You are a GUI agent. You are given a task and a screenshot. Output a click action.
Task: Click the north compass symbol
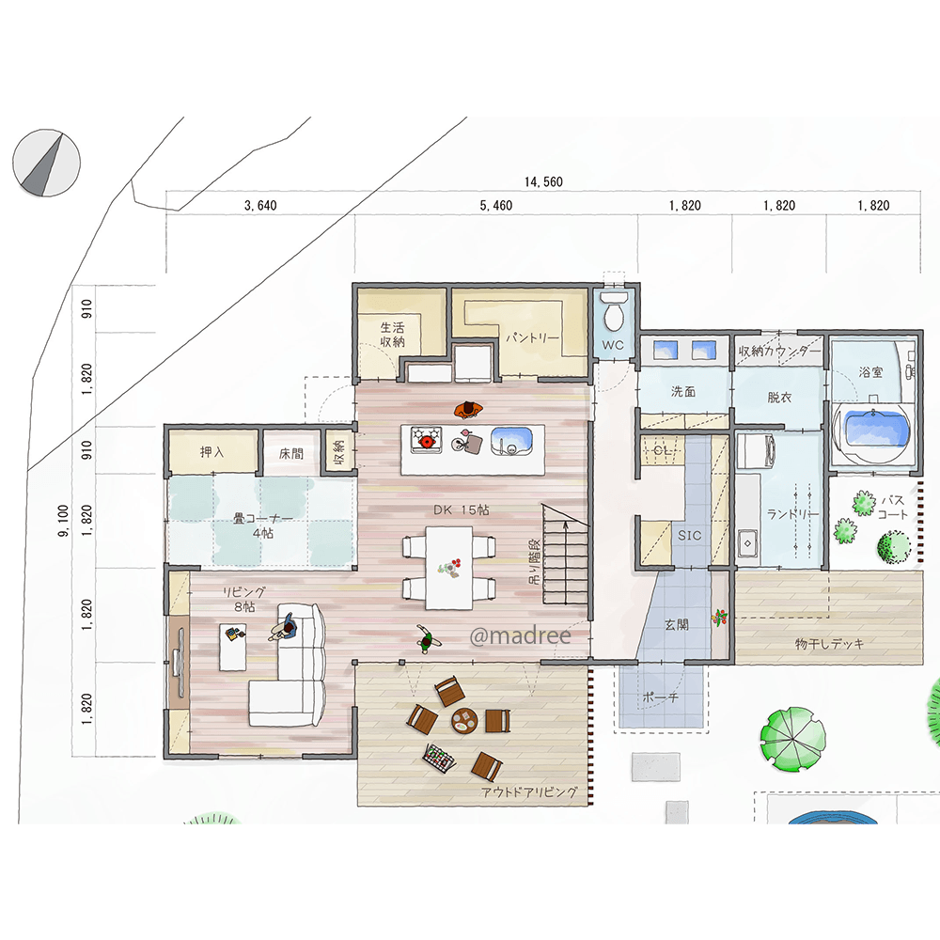click(x=46, y=163)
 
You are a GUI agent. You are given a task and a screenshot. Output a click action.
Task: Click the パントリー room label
click(x=532, y=338)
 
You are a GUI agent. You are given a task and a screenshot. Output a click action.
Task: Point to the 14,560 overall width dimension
click(x=543, y=181)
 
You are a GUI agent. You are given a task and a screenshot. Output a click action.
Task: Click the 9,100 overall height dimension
click(x=64, y=521)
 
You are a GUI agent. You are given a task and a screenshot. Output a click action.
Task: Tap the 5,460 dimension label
click(x=495, y=206)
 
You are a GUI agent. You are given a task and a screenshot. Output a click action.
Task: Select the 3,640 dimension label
click(x=260, y=206)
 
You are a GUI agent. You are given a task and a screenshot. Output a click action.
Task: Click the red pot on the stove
click(x=427, y=441)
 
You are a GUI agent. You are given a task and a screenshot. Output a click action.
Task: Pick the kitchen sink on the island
click(x=511, y=441)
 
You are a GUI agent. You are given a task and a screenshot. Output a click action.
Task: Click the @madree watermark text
click(x=520, y=635)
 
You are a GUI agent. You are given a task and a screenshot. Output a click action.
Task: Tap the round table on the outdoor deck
click(x=464, y=720)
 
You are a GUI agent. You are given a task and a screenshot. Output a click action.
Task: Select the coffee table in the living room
click(x=232, y=648)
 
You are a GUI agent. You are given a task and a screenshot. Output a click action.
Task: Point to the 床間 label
click(x=291, y=454)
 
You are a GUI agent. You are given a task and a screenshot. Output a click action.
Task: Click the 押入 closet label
click(x=211, y=452)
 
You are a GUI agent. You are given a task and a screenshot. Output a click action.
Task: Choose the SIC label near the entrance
click(x=689, y=536)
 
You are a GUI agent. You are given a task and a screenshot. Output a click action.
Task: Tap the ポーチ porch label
click(x=660, y=697)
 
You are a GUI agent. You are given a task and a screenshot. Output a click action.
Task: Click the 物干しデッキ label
click(x=829, y=644)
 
